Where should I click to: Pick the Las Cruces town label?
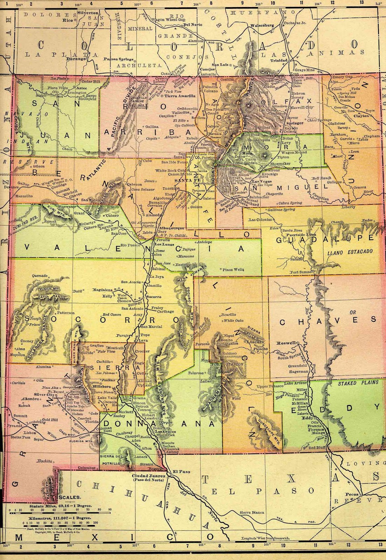tap(165, 431)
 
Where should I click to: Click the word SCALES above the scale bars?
tap(70, 497)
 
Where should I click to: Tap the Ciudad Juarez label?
tap(149, 476)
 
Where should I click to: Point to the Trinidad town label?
tap(278, 60)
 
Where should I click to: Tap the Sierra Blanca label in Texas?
tap(252, 512)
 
